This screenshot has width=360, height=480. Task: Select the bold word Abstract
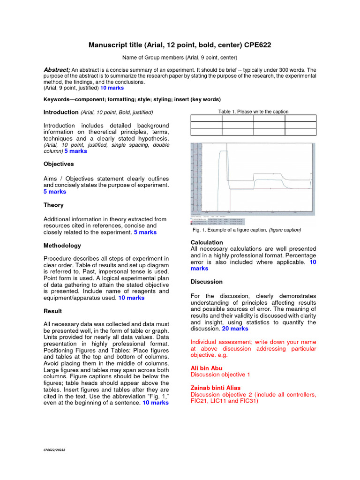click(56, 69)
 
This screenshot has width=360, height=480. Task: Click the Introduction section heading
click(60, 112)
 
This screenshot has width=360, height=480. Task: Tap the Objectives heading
click(59, 164)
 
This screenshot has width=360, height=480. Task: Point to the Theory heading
click(53, 205)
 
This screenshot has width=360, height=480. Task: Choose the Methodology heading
click(62, 245)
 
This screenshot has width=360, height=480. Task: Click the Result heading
click(52, 311)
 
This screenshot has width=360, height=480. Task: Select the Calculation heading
click(207, 242)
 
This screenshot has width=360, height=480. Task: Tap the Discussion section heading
click(207, 282)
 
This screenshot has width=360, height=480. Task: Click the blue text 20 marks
click(235, 329)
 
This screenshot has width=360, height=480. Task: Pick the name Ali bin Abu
click(206, 368)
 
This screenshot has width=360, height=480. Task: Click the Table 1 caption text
click(253, 112)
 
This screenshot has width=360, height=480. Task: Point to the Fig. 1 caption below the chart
click(247, 230)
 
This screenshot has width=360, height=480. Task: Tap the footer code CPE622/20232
click(54, 450)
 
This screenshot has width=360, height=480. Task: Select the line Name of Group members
click(180, 58)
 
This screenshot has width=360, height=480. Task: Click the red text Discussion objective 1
click(220, 375)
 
